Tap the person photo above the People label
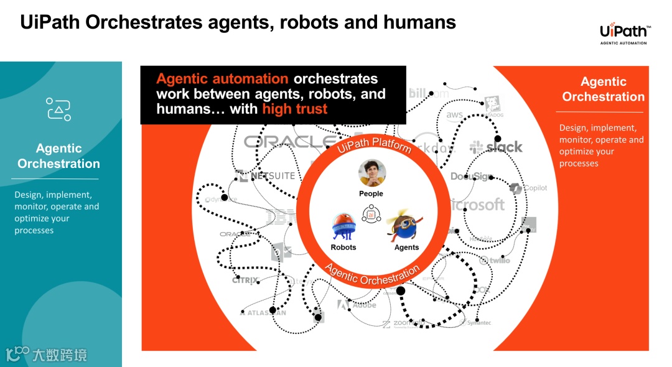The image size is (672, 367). click(x=372, y=174)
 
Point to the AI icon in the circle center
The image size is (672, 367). click(x=373, y=215)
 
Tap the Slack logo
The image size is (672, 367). click(x=497, y=147)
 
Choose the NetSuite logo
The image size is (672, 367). click(x=266, y=176)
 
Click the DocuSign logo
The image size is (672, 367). click(x=472, y=177)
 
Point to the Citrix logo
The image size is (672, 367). click(x=245, y=281)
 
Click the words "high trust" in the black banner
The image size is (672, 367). click(x=294, y=109)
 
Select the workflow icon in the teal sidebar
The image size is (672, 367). click(x=58, y=109)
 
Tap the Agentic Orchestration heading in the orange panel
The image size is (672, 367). click(x=603, y=89)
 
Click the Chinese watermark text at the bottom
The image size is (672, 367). click(x=59, y=355)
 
